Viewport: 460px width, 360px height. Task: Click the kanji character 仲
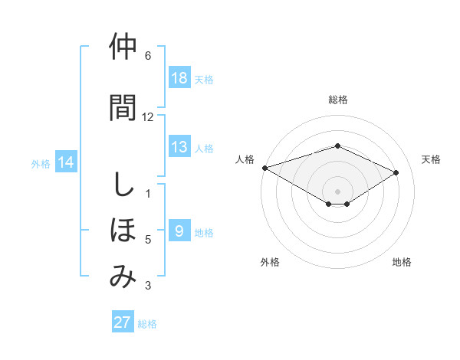(x=123, y=47)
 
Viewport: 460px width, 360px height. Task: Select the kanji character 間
(x=123, y=107)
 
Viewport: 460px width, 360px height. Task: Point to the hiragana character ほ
(x=123, y=230)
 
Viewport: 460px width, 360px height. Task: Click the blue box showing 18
(x=179, y=78)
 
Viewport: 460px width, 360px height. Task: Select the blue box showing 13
(x=179, y=147)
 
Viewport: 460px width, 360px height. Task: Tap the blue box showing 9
(x=179, y=231)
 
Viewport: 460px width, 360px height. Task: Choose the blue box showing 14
(x=66, y=162)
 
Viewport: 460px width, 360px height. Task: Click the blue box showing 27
(x=123, y=322)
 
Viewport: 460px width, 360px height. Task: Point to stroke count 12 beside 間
(x=148, y=117)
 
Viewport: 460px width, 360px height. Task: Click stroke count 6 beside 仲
(x=148, y=56)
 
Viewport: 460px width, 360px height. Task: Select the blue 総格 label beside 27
(x=147, y=324)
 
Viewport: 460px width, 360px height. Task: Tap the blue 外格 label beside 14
(x=41, y=163)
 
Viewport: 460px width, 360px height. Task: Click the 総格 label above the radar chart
(x=337, y=100)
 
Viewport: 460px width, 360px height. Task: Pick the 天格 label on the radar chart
(x=432, y=159)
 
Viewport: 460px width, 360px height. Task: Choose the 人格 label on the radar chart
(x=245, y=159)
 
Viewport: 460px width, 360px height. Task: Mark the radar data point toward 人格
(x=264, y=168)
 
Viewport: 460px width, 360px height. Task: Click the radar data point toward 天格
(x=396, y=173)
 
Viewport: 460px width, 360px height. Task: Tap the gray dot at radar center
(x=337, y=190)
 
